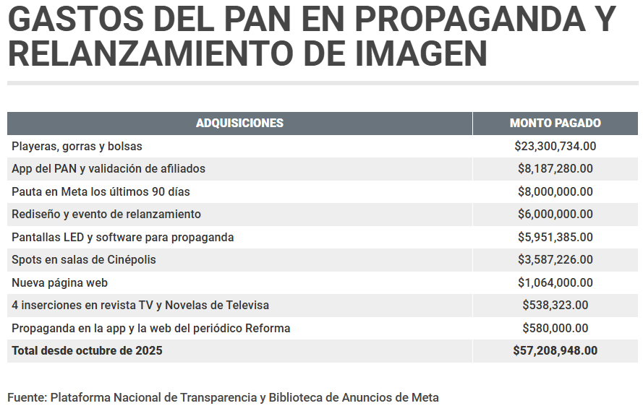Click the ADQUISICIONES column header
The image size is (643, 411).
pos(239,123)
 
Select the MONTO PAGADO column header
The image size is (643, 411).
pos(555,123)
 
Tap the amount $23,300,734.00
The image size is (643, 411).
pos(555,146)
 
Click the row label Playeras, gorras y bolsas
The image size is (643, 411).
pos(77,146)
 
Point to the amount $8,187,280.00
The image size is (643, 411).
pos(555,168)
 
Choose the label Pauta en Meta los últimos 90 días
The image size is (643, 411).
pos(101,191)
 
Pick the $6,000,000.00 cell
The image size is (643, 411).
pos(555,214)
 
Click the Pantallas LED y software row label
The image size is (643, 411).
pos(122,237)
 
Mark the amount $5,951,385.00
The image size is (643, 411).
pos(555,237)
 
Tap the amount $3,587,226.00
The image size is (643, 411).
pos(555,259)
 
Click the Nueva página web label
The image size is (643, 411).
pos(59,282)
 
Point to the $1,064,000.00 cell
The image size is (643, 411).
pos(555,282)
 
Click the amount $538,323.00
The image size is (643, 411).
pos(555,305)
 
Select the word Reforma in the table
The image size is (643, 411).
pos(267,328)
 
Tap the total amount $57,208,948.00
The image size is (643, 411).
pos(555,350)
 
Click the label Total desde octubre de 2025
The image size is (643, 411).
pos(87,350)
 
